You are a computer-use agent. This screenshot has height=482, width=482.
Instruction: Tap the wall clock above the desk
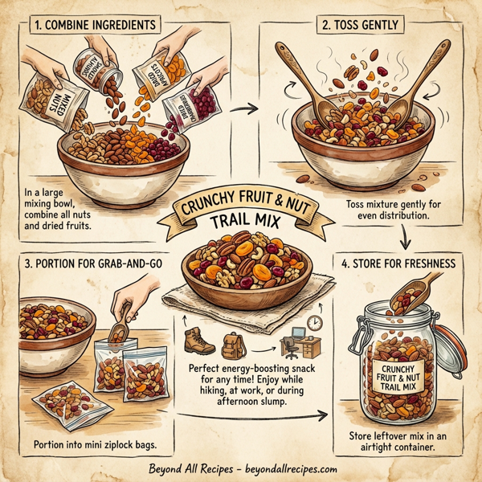pos(317,321)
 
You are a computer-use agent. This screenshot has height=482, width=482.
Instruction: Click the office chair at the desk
pos(288,347)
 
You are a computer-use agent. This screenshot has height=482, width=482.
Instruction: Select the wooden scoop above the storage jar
pos(419,294)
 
